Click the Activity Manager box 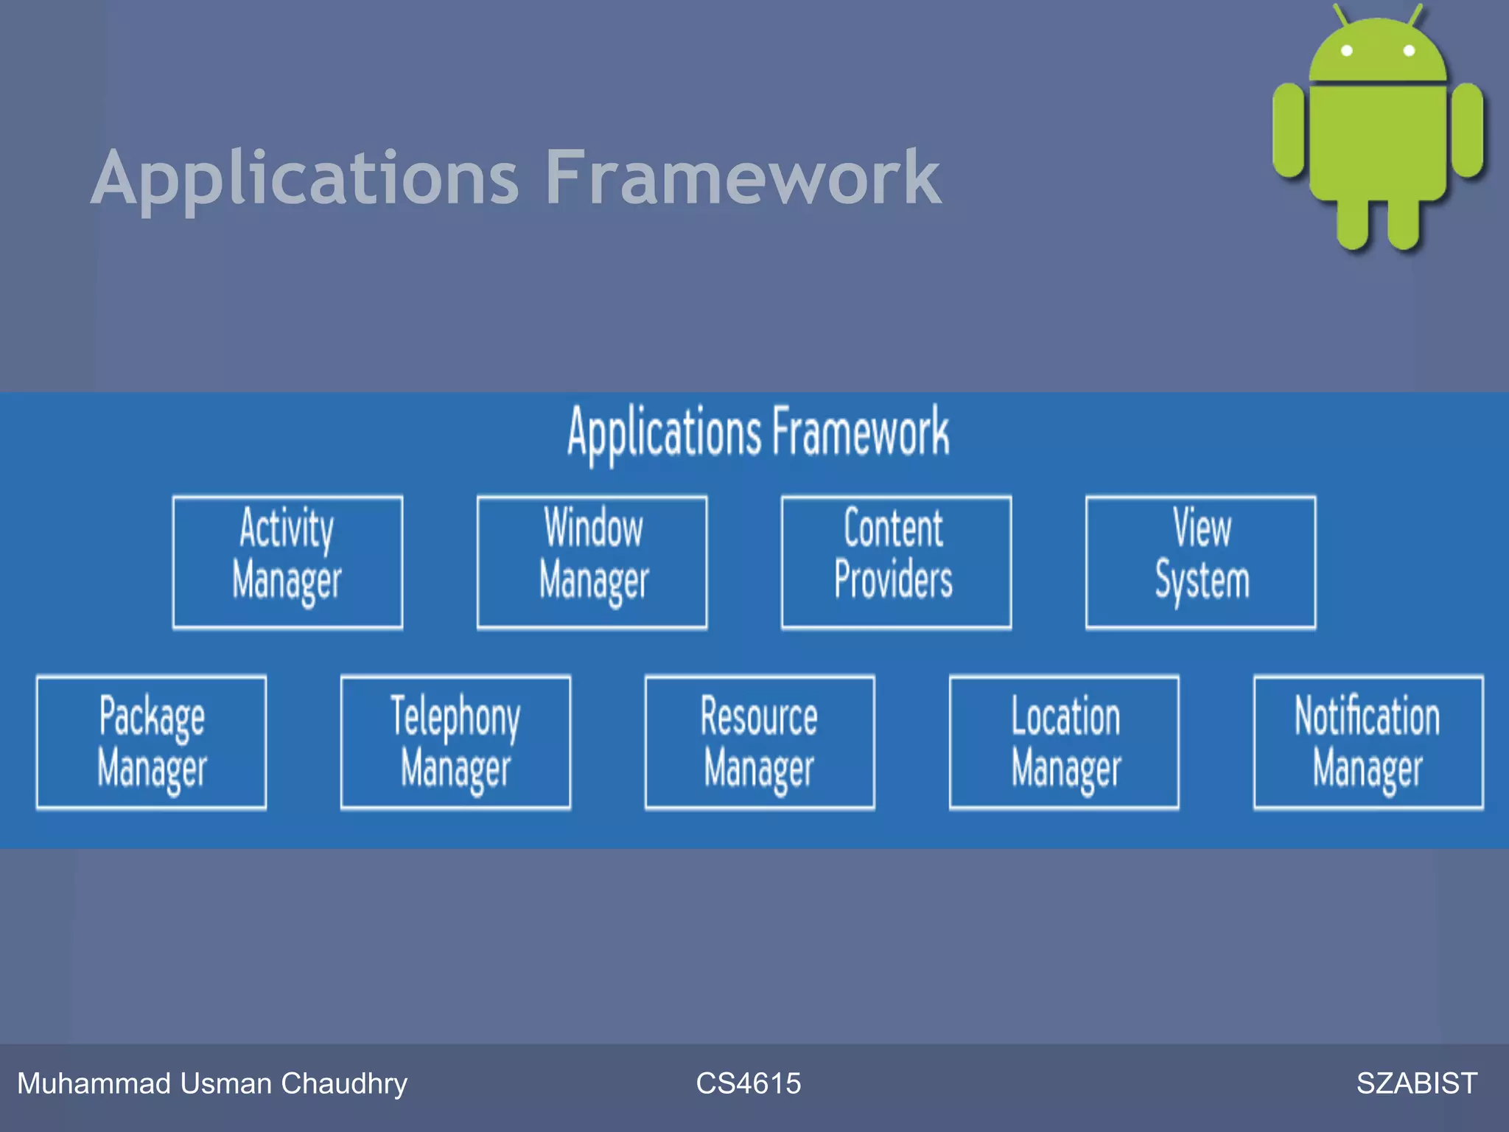[x=287, y=562]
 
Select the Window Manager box [x=592, y=562]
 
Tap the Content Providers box [x=896, y=562]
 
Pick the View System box [x=1200, y=562]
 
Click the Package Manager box [x=151, y=742]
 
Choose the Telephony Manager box [x=455, y=742]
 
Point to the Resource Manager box [x=760, y=742]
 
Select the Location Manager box [x=1064, y=742]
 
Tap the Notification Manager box [x=1368, y=742]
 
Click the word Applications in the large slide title [x=306, y=179]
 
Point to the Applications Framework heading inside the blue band [x=758, y=433]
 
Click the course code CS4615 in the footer [x=748, y=1083]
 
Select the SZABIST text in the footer [x=1416, y=1083]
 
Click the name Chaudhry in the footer [x=344, y=1083]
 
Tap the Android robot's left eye [x=1347, y=51]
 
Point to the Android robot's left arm [x=1289, y=130]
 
